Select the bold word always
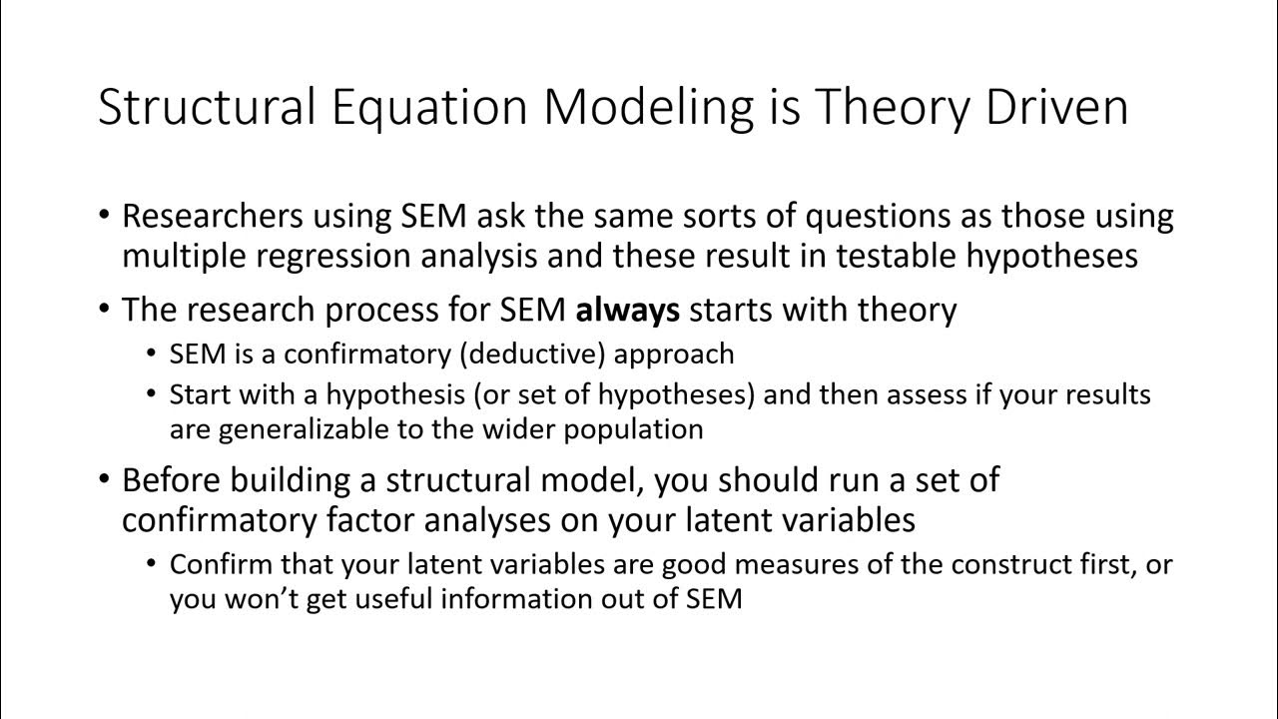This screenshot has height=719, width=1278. pyautogui.click(x=627, y=311)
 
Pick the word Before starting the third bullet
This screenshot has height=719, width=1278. pyautogui.click(x=172, y=480)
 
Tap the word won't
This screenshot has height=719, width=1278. pyautogui.click(x=266, y=599)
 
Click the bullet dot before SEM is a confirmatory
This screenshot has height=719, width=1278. pyautogui.click(x=152, y=355)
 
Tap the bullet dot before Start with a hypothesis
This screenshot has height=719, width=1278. pyautogui.click(x=152, y=394)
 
